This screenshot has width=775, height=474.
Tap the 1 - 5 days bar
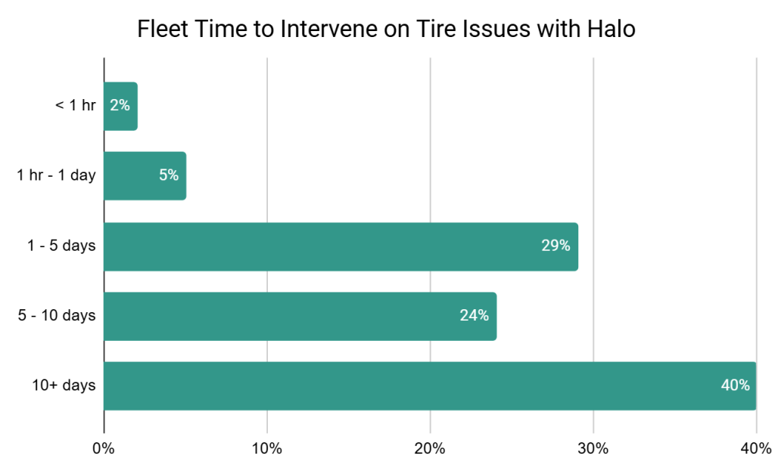341,246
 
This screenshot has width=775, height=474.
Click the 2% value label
120,106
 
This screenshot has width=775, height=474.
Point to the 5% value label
169,176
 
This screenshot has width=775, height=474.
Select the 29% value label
556,246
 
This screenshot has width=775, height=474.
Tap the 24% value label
474,316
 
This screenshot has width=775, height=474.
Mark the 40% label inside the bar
735,386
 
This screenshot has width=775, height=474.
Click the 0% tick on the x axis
104,448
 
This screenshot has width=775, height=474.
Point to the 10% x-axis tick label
266,448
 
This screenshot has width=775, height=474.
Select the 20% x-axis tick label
430,448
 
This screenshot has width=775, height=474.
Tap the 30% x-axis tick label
593,448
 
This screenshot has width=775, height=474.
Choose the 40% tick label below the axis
755,448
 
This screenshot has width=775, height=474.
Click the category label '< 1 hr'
75,107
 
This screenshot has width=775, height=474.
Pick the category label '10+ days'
64,386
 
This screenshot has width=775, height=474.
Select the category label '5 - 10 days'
57,316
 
